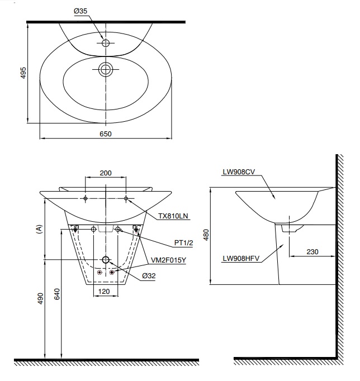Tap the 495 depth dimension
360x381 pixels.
(x=23, y=73)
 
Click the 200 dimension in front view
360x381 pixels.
(x=105, y=173)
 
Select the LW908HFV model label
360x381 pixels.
(x=239, y=258)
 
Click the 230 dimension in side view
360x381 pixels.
(x=312, y=252)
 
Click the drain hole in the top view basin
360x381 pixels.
(x=105, y=69)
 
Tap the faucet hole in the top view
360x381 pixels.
(x=105, y=42)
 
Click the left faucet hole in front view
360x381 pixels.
(x=85, y=199)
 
